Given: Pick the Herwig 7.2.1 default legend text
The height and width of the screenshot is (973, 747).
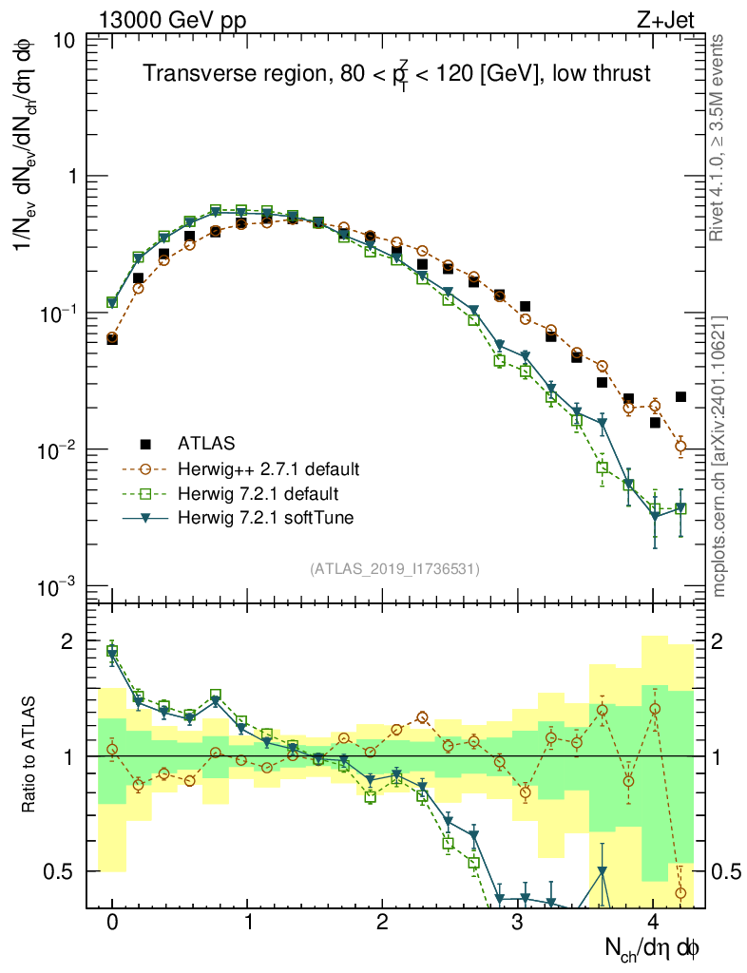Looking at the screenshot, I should [259, 493].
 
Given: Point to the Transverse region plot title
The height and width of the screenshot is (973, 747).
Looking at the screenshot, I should [396, 73].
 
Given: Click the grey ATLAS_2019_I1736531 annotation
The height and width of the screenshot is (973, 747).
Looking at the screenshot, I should [394, 569].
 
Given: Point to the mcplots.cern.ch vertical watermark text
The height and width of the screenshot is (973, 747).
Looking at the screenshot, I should [720, 455].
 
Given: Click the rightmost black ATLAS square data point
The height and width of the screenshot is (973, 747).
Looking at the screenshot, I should [680, 396].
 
